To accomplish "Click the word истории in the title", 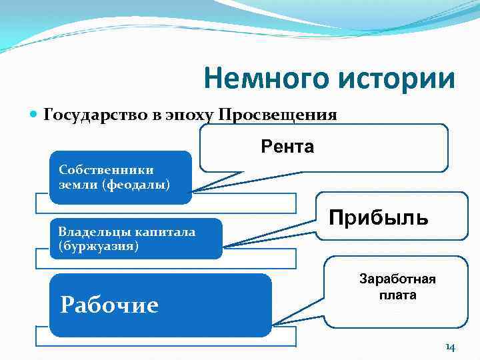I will pyautogui.click(x=395, y=79).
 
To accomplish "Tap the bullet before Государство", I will pyautogui.click(x=35, y=115).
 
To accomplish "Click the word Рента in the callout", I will pyautogui.click(x=287, y=146).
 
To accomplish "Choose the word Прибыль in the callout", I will pyautogui.click(x=378, y=217).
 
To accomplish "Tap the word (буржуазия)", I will pyautogui.click(x=98, y=246).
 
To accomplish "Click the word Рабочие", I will pyautogui.click(x=109, y=305).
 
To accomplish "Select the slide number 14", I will pyautogui.click(x=450, y=347).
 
